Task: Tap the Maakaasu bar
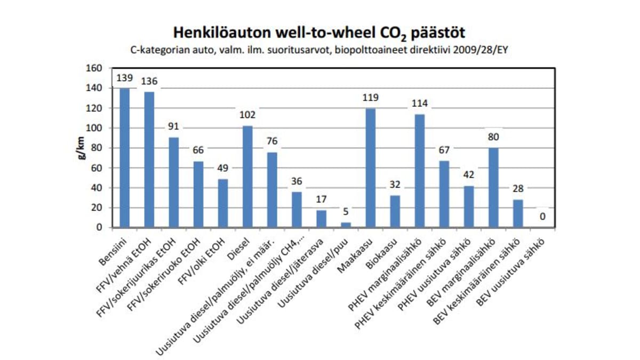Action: (370, 168)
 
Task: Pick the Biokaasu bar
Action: (395, 211)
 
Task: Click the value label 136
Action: (149, 82)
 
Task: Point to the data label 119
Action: (370, 98)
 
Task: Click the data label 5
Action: (346, 212)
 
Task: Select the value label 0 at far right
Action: (542, 217)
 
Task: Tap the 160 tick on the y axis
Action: (95, 68)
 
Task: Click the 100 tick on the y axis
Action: (95, 128)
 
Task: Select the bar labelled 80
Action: (493, 187)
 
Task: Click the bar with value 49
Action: (223, 203)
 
